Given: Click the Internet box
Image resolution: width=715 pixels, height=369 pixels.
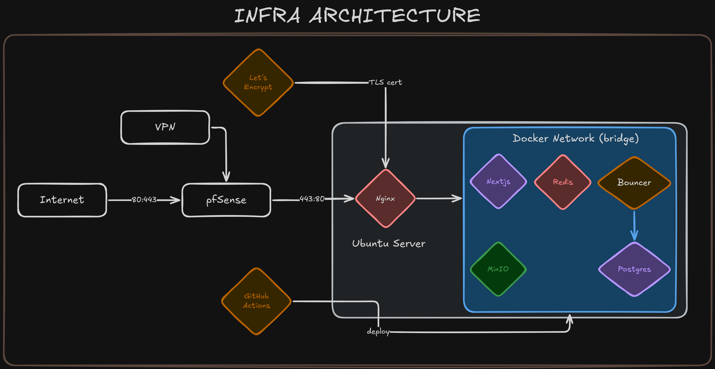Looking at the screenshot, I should [x=62, y=200].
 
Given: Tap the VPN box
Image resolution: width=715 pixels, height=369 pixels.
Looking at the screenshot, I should [x=165, y=127].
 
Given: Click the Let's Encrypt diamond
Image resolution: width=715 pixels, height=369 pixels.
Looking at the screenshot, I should [x=258, y=82].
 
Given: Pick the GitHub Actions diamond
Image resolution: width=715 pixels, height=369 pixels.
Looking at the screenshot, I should [x=256, y=301].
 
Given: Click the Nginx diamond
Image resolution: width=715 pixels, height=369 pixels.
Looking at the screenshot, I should [x=385, y=198].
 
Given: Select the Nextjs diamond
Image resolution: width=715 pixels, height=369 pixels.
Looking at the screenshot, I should [x=498, y=181].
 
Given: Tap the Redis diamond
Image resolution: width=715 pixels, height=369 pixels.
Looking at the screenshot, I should [x=563, y=182].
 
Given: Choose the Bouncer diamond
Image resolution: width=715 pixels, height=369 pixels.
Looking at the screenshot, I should [x=634, y=183].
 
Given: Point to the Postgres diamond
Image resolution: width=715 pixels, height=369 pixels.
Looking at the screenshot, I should [x=634, y=269].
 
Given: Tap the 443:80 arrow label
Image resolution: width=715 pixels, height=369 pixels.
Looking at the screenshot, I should [x=312, y=199].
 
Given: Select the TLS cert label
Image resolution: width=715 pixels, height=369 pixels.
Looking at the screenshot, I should [x=385, y=82].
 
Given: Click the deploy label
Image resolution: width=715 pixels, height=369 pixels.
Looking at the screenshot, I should [x=378, y=331].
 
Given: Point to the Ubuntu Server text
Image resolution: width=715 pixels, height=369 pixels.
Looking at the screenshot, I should [x=389, y=244].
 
